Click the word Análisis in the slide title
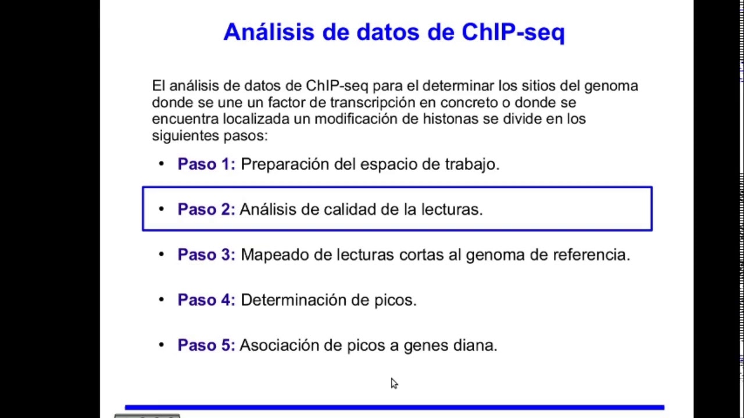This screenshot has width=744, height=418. (269, 32)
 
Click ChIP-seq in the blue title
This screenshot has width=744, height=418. (513, 32)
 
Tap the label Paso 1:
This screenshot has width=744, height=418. (206, 164)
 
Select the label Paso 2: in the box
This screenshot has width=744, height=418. (206, 210)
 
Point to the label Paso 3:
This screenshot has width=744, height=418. (206, 255)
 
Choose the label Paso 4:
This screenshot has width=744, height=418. (206, 300)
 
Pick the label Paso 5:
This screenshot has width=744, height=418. (206, 345)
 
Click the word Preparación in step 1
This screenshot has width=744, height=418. (285, 164)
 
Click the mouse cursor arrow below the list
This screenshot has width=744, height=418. (394, 383)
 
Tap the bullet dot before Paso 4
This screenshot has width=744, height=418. (162, 300)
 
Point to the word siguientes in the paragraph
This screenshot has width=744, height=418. (185, 136)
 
